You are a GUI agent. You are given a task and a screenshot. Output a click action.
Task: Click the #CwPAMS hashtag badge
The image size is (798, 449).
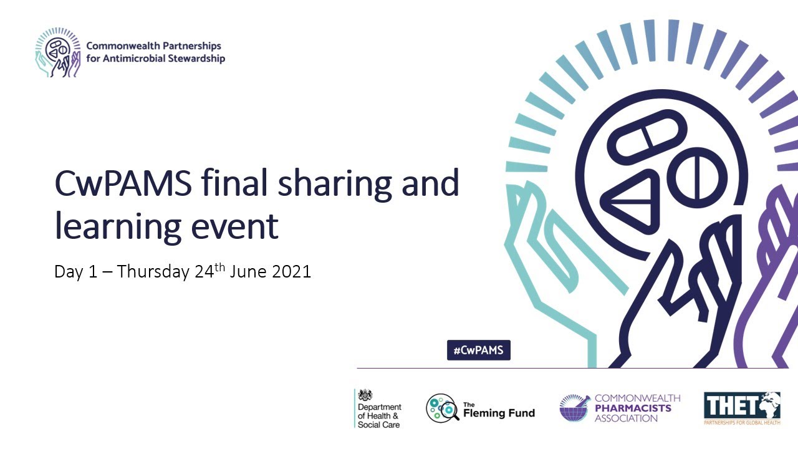click(479, 350)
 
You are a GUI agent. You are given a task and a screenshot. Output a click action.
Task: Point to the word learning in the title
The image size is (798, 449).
click(119, 226)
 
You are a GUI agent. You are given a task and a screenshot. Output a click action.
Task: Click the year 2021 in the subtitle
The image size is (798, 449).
click(291, 272)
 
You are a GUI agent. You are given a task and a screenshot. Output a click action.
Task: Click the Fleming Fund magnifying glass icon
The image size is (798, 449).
click(442, 408)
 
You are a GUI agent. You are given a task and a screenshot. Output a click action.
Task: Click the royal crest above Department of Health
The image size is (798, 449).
click(365, 395)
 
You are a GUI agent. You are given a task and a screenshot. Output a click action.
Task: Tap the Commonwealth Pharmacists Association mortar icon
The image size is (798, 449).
click(574, 408)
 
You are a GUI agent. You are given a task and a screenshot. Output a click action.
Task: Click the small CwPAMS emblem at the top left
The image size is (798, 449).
click(57, 54)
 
